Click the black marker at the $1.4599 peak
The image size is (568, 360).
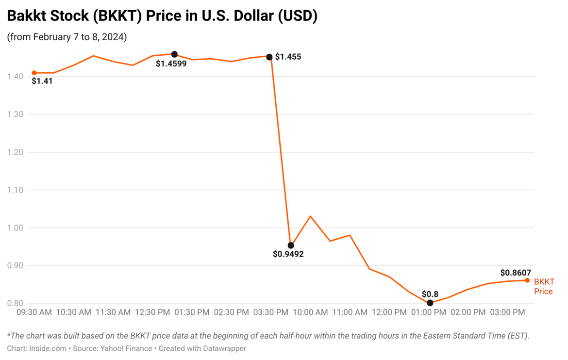174,54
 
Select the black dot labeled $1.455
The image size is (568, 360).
269,57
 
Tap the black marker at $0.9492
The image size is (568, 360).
291,245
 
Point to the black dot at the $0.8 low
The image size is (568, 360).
430,303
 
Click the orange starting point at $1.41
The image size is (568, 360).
34,73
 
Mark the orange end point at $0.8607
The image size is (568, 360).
527,280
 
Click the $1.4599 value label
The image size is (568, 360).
171,63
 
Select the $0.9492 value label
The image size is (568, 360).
288,254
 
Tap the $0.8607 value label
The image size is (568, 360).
516,273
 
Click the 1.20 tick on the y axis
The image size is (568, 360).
15,152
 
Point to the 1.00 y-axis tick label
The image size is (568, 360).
15,228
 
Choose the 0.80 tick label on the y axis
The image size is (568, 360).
15,303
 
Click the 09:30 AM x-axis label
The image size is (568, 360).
34,312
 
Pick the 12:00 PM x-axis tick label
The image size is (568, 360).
389,312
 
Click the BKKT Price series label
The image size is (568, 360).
544,287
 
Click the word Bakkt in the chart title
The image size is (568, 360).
25,16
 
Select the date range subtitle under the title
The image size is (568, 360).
67,37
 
